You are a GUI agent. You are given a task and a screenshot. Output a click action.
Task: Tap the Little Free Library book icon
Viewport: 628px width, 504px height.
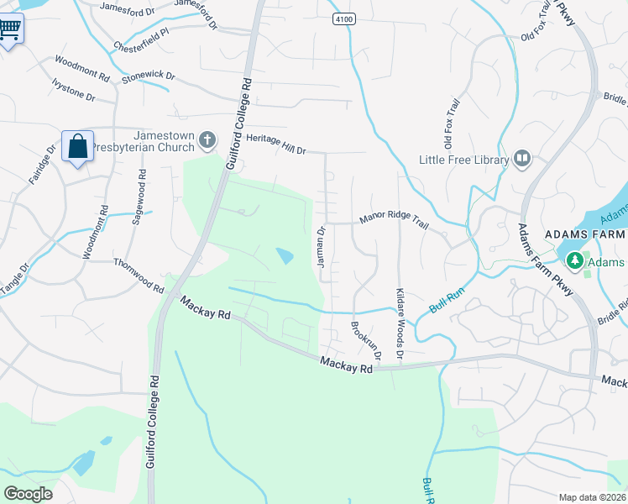522,159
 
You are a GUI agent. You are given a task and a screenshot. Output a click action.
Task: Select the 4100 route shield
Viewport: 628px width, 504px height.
343,18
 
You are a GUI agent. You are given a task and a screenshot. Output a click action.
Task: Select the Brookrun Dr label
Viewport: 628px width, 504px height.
366,341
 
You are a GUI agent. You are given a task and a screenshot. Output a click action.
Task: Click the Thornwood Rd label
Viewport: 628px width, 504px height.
139,275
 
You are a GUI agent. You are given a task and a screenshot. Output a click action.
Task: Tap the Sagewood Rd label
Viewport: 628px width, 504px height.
139,197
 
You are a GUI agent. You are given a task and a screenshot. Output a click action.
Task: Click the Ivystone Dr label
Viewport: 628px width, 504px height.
74,90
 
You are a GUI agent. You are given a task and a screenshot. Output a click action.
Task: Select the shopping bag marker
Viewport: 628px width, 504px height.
77,147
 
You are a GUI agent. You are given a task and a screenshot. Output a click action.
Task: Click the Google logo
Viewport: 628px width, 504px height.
28,493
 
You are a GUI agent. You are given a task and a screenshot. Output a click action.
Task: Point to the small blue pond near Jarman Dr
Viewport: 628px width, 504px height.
285,255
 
